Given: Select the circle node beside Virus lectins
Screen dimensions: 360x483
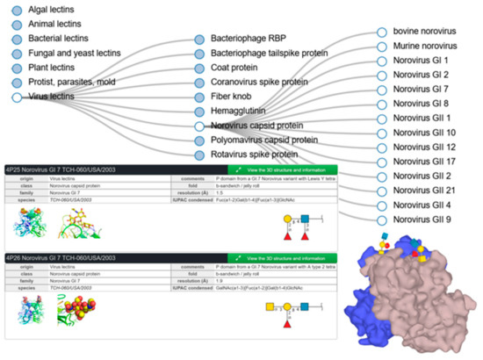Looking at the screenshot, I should pos(17,97).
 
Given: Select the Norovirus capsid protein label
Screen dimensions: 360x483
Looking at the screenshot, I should pos(264,126).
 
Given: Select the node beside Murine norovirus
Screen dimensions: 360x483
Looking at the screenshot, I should pos(381,46).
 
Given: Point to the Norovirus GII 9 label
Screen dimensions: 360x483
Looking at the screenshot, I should pos(423,219).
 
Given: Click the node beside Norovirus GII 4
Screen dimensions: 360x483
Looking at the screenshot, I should pos(381,204).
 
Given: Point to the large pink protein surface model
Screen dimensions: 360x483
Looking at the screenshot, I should pos(413,299).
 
